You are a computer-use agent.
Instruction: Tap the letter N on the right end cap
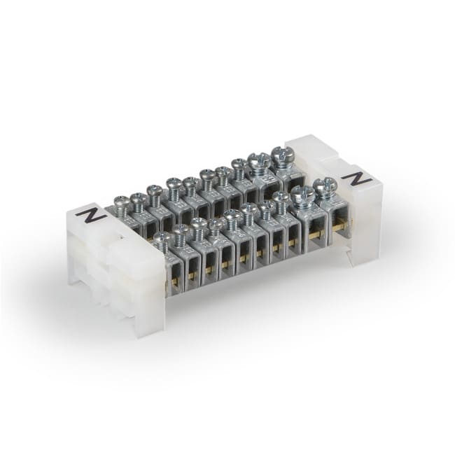pyautogui.click(x=360, y=178)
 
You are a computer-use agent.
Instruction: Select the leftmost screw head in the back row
pyautogui.click(x=121, y=203)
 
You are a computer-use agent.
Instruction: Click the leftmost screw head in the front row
pyautogui.click(x=160, y=238)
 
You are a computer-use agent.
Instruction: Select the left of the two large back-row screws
pyautogui.click(x=259, y=161)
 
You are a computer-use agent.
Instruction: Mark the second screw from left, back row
pyautogui.click(x=139, y=198)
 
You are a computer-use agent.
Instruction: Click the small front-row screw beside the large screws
pyautogui.click(x=281, y=198)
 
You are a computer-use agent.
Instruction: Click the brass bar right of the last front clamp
pyautogui.click(x=340, y=225)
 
